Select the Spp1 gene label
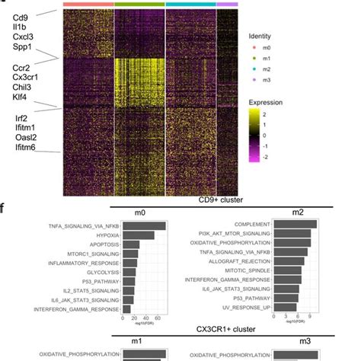click(x=22, y=47)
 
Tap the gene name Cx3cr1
click(x=26, y=78)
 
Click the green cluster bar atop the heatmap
click(x=139, y=5)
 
